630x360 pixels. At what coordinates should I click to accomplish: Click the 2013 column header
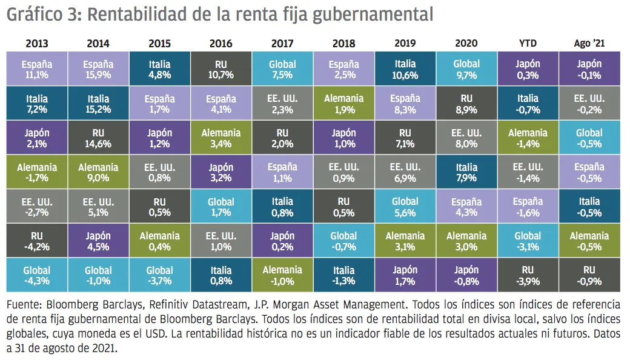[37, 43]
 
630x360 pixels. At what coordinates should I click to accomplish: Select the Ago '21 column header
[589, 43]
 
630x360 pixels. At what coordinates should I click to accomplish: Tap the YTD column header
[528, 43]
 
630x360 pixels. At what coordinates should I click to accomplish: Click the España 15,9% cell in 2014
[98, 68]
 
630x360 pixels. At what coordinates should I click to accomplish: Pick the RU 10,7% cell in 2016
[220, 68]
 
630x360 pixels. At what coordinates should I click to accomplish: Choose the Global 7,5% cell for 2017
[282, 68]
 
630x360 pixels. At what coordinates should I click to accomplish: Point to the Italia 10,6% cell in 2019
[405, 68]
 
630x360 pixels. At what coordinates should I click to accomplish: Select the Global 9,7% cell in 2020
[466, 68]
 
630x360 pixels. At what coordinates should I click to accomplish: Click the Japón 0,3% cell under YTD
[528, 68]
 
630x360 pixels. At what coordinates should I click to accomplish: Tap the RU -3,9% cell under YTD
[528, 275]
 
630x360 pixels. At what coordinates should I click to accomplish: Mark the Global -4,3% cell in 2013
[37, 275]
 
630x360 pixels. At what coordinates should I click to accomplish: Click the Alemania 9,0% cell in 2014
[98, 172]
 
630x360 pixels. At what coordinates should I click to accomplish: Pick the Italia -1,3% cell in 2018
[343, 275]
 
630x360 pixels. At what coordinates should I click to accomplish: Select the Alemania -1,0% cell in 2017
[282, 275]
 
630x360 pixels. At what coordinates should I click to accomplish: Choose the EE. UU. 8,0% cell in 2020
[466, 138]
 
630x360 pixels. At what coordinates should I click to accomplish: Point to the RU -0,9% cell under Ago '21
[589, 275]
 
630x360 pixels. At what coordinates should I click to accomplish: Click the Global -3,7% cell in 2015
[159, 275]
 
